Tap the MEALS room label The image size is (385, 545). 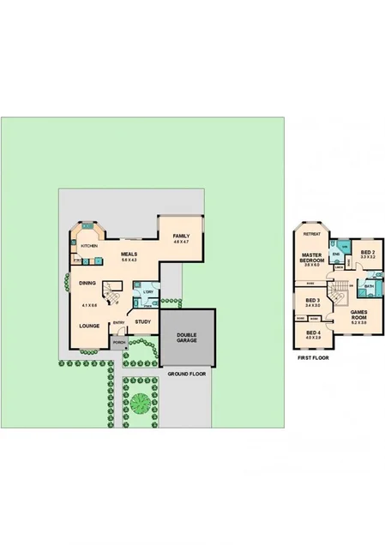[x=129, y=254]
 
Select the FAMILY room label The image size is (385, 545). [x=180, y=237]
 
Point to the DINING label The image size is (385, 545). [x=87, y=282]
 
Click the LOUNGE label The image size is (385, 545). [x=89, y=326]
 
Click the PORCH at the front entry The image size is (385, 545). [x=118, y=341]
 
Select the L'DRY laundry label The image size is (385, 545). [x=147, y=292]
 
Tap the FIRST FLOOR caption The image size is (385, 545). [x=313, y=357]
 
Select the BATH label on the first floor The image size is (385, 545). [x=369, y=286]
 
